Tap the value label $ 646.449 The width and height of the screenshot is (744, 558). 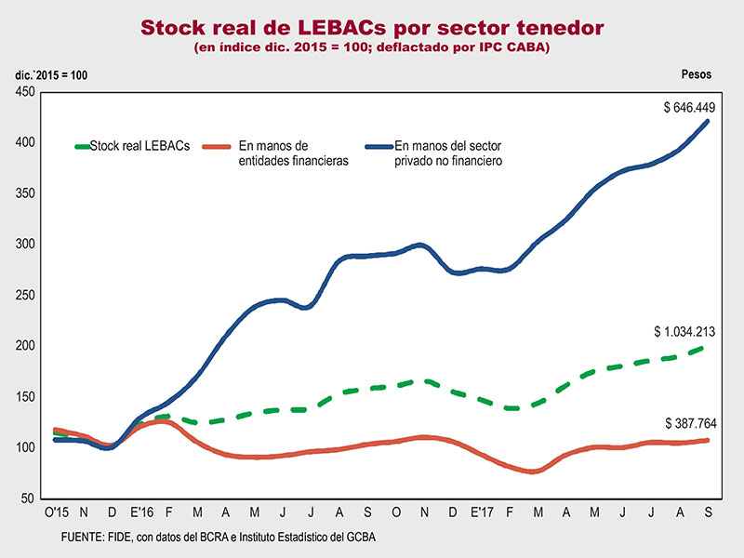pos(689,108)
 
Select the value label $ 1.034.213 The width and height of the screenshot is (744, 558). pos(683,331)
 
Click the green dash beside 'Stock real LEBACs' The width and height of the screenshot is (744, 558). pos(82,146)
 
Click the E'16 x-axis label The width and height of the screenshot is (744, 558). pos(140,512)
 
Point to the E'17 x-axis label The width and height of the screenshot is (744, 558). pos(481,512)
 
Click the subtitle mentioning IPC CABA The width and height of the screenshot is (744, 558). pos(372,47)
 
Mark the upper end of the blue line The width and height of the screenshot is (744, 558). pos(710,121)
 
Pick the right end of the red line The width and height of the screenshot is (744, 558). pos(710,440)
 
